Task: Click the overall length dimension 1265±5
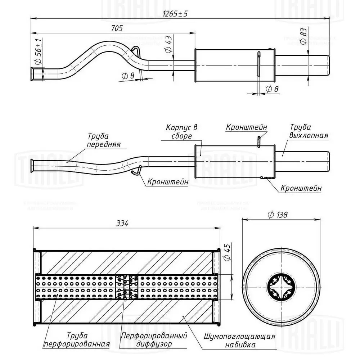[x=175, y=14]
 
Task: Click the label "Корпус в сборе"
[x=182, y=132]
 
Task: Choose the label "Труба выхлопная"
[x=309, y=131]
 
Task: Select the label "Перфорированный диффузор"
[x=154, y=340]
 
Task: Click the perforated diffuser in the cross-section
[x=126, y=287]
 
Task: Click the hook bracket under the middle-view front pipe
[x=136, y=170]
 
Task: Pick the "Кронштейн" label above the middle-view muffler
[x=247, y=127]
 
